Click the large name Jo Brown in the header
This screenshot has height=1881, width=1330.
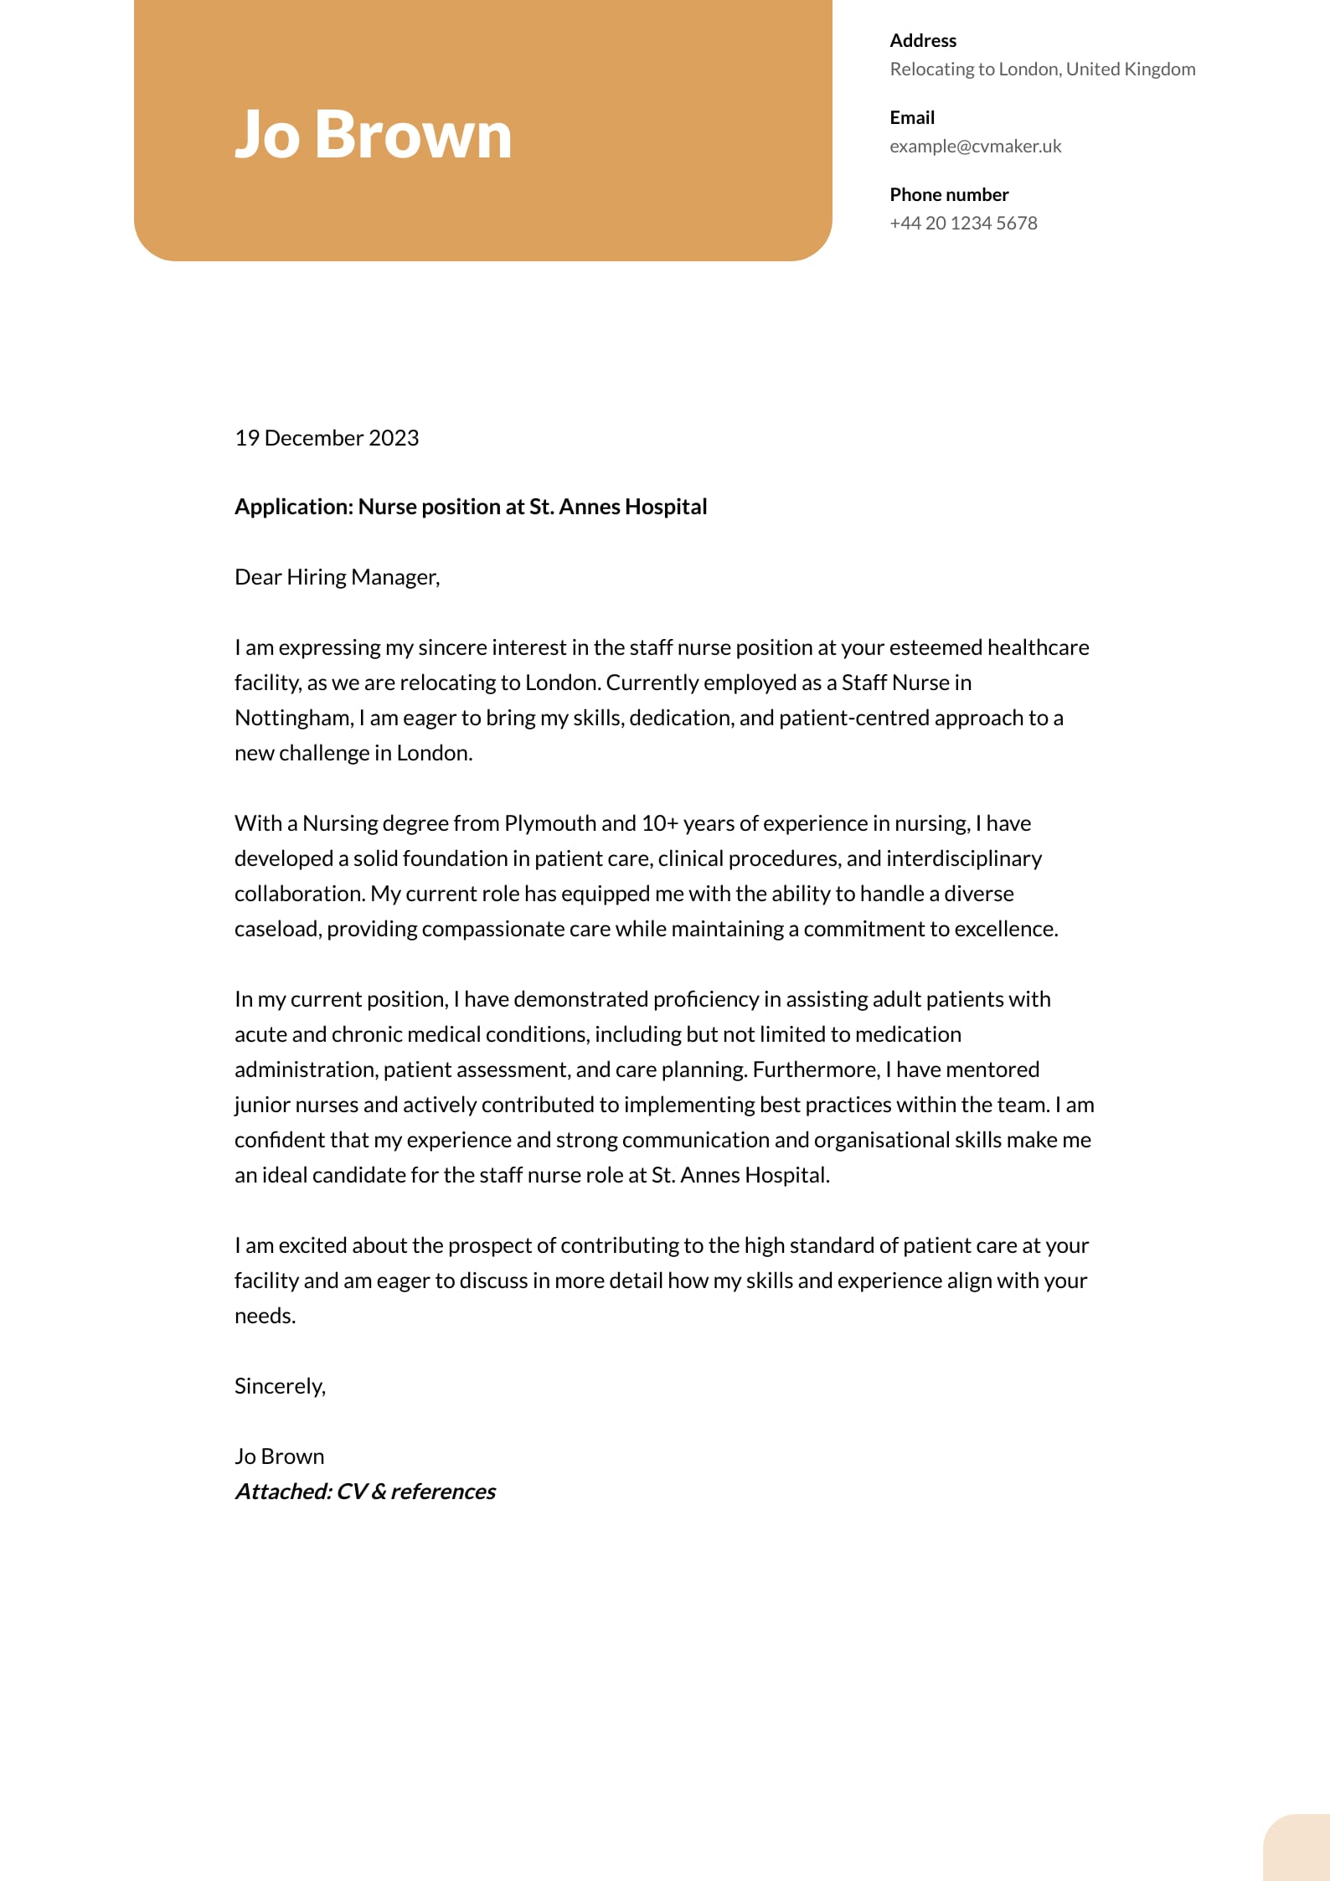(x=373, y=135)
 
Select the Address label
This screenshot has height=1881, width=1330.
(x=922, y=41)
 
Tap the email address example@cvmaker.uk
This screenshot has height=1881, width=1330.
(x=975, y=147)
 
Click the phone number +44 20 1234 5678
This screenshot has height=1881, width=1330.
(x=963, y=224)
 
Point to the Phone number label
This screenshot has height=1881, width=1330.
(x=948, y=195)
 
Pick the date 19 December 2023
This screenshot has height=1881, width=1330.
(x=327, y=438)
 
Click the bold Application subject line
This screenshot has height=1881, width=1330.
(x=471, y=507)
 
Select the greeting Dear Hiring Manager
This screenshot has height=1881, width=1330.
(x=337, y=577)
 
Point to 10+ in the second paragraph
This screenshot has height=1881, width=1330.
(x=659, y=823)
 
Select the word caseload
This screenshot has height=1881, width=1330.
(x=276, y=929)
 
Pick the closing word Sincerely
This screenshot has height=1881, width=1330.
(x=280, y=1386)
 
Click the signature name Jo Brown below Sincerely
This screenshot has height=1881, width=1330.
(x=279, y=1456)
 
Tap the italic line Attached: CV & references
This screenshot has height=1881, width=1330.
(x=365, y=1492)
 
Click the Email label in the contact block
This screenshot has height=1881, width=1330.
(x=911, y=118)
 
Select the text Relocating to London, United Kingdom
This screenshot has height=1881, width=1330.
(x=1042, y=70)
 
